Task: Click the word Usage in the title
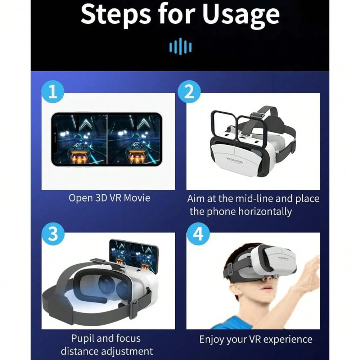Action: (241, 15)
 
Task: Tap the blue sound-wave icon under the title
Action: (180, 46)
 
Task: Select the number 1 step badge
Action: (53, 91)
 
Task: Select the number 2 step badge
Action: (189, 91)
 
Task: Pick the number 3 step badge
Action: (53, 234)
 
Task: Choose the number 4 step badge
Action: (198, 234)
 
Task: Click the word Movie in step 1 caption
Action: (137, 198)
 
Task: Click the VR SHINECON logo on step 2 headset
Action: (235, 160)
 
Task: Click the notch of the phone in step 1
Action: (55, 137)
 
